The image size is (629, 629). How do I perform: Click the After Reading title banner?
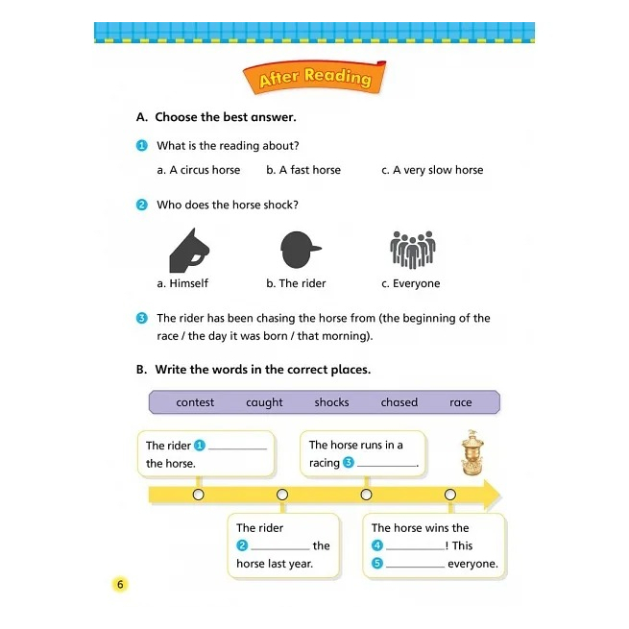click(314, 78)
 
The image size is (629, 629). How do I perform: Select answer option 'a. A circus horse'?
click(199, 170)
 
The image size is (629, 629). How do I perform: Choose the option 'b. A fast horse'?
click(303, 170)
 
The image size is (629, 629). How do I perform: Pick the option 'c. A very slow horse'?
click(432, 170)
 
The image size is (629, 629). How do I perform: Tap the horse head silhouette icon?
click(189, 252)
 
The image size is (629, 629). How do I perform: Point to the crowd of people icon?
click(413, 250)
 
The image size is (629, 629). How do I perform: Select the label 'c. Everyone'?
click(411, 283)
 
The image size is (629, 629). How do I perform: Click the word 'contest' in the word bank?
click(195, 402)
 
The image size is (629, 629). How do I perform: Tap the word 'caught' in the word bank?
click(264, 402)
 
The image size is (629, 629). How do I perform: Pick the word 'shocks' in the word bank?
click(331, 402)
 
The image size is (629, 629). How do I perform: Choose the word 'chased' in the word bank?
click(399, 402)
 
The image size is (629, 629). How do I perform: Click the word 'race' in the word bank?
click(461, 402)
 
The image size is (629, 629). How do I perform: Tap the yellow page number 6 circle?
click(120, 584)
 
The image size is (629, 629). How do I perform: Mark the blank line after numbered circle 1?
click(238, 447)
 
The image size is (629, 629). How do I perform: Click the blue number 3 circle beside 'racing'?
click(349, 463)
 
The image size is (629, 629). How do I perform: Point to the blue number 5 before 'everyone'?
click(377, 564)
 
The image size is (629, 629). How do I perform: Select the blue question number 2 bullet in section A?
click(142, 205)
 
